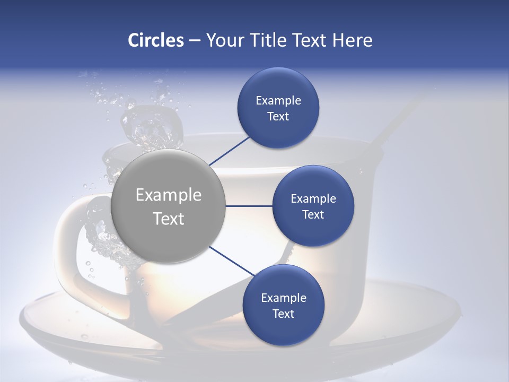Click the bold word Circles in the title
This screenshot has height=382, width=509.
tap(155, 40)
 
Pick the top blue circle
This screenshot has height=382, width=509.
tap(278, 108)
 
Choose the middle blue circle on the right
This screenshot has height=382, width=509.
tap(313, 206)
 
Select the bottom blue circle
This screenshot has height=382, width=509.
tap(283, 305)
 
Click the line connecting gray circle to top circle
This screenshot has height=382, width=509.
tap(229, 151)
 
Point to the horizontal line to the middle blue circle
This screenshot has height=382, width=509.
tap(249, 206)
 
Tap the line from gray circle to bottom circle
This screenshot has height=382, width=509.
tap(232, 262)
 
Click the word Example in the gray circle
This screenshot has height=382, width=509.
tap(169, 195)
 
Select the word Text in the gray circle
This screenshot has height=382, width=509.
tap(169, 219)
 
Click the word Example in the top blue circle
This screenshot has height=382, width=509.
tap(278, 100)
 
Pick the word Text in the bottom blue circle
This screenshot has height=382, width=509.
tap(283, 314)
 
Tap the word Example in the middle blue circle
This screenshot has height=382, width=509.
tap(313, 198)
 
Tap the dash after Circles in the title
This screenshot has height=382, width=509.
tap(195, 40)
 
